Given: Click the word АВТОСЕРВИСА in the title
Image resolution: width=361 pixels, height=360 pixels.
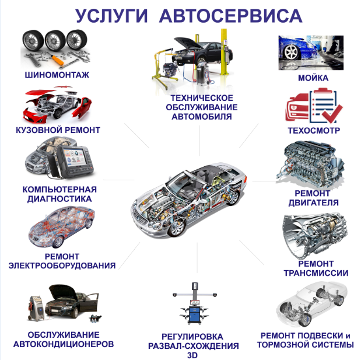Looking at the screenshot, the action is [x=230, y=16].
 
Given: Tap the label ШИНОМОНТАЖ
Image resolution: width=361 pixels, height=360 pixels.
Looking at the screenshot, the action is [x=57, y=75].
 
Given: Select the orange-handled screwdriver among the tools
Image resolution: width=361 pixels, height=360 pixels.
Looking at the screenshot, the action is [x=57, y=60].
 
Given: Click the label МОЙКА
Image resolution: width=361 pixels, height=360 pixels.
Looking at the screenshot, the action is [x=313, y=78].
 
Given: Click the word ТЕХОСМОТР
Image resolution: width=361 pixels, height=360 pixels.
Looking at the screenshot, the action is [x=314, y=131].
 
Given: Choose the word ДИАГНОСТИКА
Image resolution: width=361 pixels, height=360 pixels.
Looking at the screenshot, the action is [x=59, y=199].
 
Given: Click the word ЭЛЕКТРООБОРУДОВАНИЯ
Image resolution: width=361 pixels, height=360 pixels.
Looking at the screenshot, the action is [x=62, y=265].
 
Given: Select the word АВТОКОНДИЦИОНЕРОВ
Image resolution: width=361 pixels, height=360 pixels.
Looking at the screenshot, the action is [x=64, y=344].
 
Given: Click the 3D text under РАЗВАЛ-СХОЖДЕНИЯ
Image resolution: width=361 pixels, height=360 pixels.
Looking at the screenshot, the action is [x=192, y=355].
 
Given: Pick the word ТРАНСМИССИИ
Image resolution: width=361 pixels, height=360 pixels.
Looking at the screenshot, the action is [x=316, y=273].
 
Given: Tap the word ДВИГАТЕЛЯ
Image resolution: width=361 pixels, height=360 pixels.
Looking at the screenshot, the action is [x=313, y=202].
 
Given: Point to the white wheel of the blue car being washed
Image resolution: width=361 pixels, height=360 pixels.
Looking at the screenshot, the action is [x=291, y=52].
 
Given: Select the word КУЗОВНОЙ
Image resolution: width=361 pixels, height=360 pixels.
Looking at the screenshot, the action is [x=37, y=130].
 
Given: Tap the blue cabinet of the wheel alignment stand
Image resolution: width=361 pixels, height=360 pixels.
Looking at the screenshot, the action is [x=195, y=314].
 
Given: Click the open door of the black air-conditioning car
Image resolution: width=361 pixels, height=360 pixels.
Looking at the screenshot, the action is [x=93, y=302].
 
